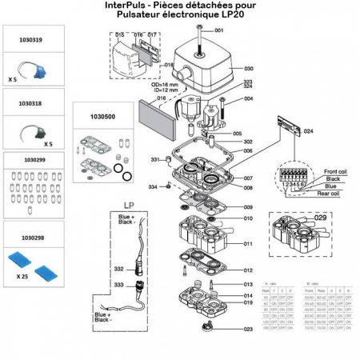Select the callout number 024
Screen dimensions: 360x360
point(308,130)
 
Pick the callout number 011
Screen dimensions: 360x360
point(248,243)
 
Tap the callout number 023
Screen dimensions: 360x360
point(248,329)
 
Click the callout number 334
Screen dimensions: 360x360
point(153,187)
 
